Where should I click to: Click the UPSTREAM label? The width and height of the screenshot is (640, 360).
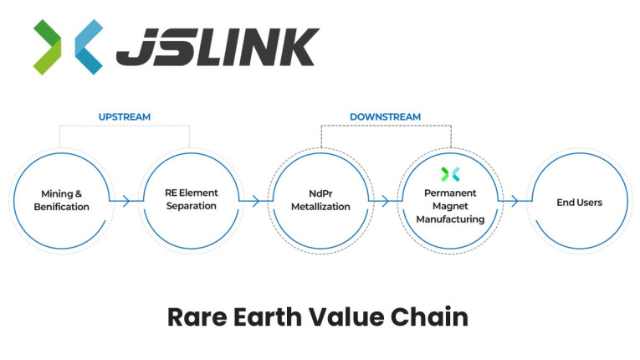pyautogui.click(x=125, y=116)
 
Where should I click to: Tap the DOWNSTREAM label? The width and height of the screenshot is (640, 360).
pyautogui.click(x=385, y=116)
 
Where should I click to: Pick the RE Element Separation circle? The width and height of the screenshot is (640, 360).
pyautogui.click(x=190, y=201)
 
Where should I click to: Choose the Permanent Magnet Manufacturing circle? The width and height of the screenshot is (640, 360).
pyautogui.click(x=451, y=201)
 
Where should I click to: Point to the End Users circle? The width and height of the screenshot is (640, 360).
pyautogui.click(x=579, y=201)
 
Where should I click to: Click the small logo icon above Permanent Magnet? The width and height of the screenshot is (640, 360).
pyautogui.click(x=451, y=174)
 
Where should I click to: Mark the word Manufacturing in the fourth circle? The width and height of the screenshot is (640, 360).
pyautogui.click(x=451, y=219)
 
